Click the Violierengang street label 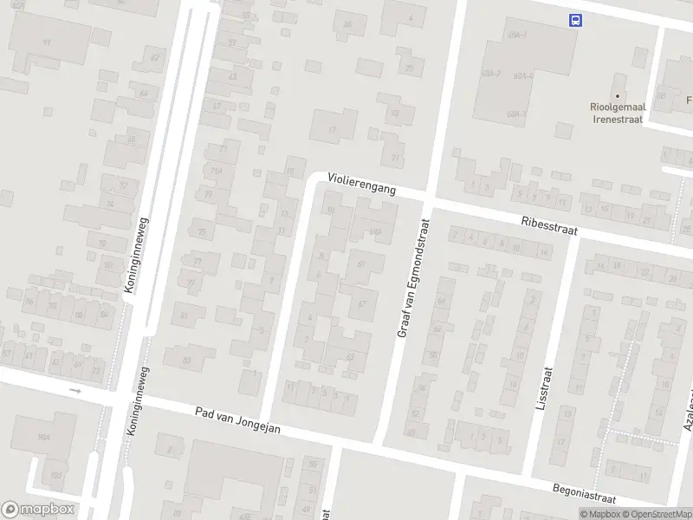click(361, 183)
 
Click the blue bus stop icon click(574, 20)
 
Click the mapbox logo click(38, 510)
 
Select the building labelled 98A click(43, 439)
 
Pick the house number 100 click(56, 476)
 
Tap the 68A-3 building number click(518, 114)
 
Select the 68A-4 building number click(521, 76)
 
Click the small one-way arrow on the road click(75, 391)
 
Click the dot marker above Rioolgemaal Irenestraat click(618, 96)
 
